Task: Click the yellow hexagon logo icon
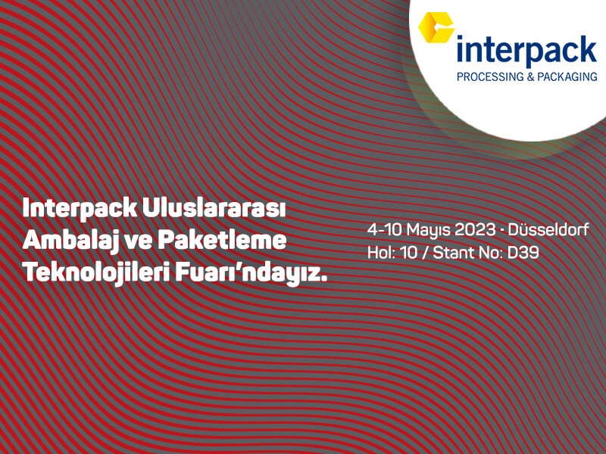(x=436, y=27)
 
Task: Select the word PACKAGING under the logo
(x=567, y=76)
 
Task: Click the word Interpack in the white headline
(x=80, y=209)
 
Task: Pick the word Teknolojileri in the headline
(x=96, y=273)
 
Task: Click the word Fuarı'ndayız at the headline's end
(x=251, y=273)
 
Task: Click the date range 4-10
(x=385, y=229)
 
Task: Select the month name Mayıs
(x=429, y=230)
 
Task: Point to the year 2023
(x=475, y=229)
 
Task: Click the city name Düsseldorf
(x=548, y=229)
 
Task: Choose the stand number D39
(x=523, y=253)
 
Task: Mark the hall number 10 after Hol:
(x=409, y=253)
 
